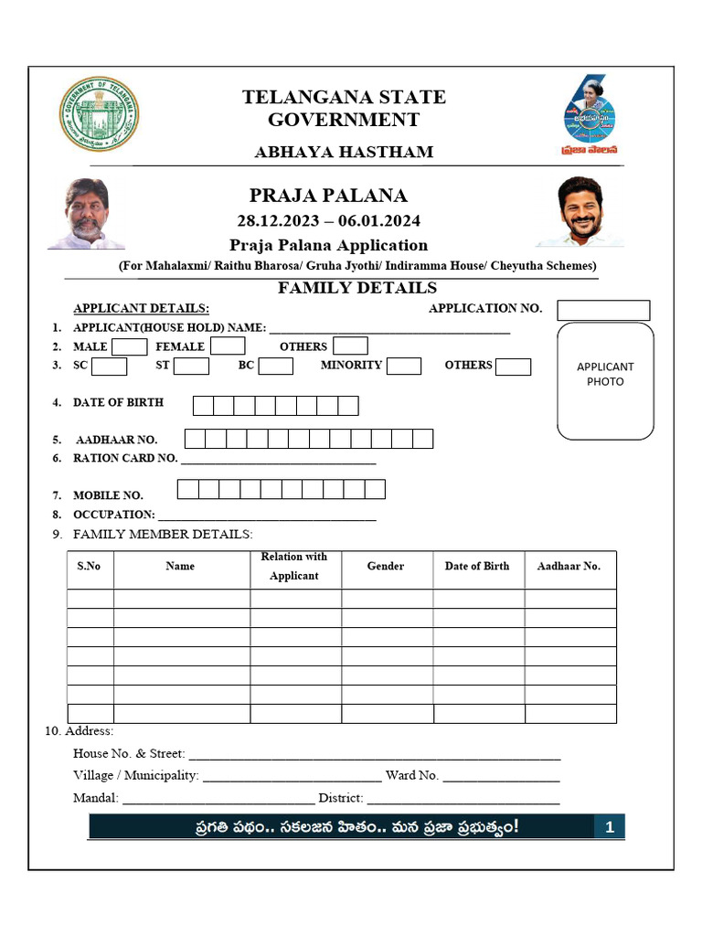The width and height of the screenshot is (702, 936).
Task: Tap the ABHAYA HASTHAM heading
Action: point(344,152)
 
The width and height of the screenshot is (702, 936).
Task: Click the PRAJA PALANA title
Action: point(328,196)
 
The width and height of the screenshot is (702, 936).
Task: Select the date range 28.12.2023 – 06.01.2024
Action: point(329,221)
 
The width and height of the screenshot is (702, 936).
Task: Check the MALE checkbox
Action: point(130,346)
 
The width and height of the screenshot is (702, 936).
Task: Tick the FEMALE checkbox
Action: point(228,346)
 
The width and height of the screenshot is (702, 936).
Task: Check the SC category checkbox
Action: point(110,366)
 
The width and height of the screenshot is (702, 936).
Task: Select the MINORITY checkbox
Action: point(403,366)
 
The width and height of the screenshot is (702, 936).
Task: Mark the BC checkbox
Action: point(275,366)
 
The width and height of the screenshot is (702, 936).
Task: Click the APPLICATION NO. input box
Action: point(603,310)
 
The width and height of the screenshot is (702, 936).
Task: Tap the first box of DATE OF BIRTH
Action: point(203,406)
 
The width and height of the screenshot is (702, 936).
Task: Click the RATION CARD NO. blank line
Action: point(278,460)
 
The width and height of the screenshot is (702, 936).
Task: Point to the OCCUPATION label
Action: point(113,515)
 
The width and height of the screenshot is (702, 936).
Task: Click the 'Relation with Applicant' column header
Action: point(294,567)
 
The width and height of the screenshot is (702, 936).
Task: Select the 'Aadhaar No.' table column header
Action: point(569,567)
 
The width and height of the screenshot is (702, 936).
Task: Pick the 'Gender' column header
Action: point(386,567)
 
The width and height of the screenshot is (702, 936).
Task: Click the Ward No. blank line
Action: point(501,777)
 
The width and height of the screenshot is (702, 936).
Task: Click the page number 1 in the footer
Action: point(610,828)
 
